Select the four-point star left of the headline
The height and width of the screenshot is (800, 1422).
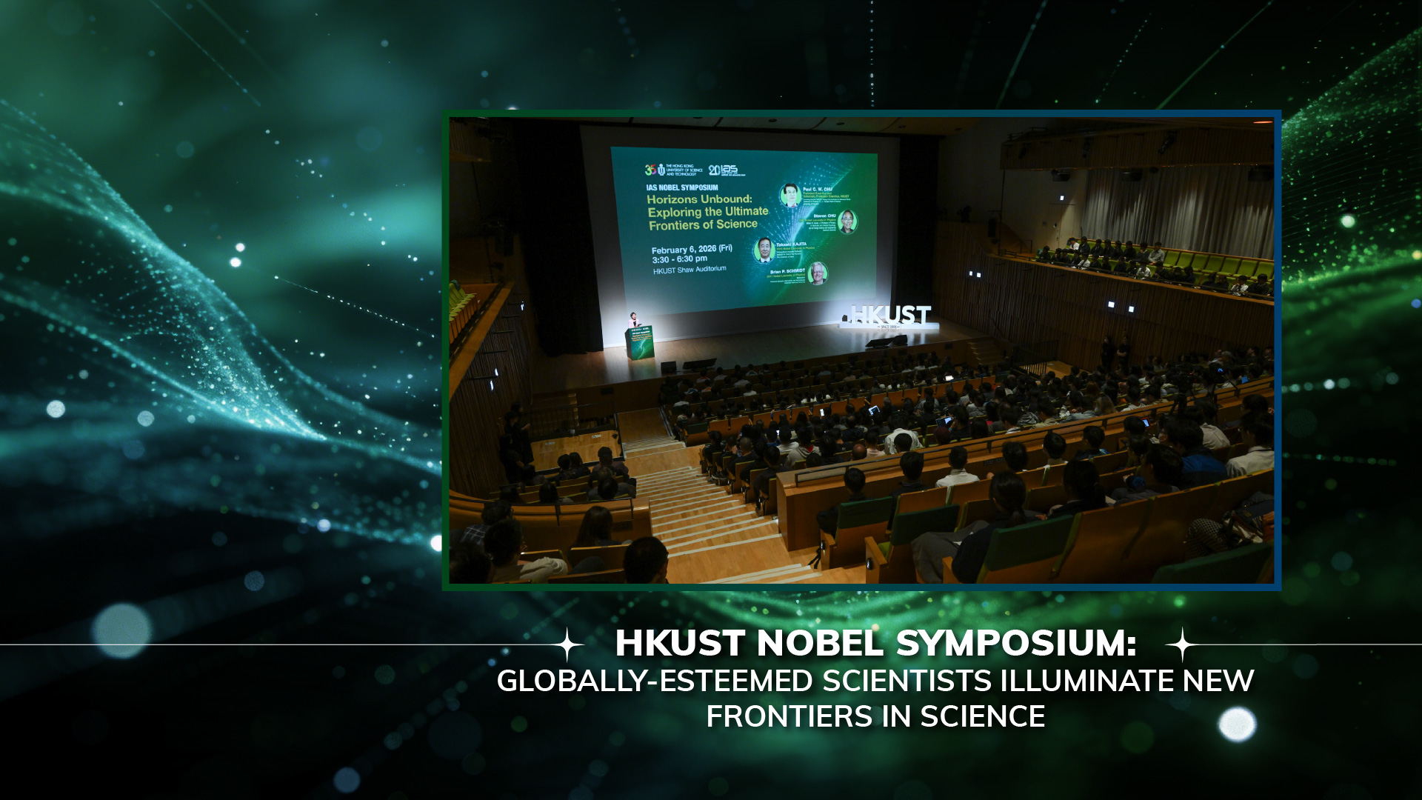point(568,644)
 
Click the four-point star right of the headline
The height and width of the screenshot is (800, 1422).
point(1183,644)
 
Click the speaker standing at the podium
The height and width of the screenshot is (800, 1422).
point(633,319)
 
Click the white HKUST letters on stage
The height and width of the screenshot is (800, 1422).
point(889,316)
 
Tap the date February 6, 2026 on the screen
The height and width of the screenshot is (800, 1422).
point(691,250)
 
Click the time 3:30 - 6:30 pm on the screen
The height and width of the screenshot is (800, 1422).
point(679,259)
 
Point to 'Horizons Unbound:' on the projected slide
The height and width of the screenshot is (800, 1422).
point(699,199)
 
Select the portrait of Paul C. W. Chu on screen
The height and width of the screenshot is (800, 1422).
point(791,195)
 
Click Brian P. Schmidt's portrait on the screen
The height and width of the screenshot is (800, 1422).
point(818,273)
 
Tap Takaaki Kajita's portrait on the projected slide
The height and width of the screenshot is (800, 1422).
point(764,250)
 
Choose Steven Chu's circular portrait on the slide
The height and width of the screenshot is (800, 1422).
point(847,221)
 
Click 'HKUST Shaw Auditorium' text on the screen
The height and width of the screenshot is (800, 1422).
point(689,270)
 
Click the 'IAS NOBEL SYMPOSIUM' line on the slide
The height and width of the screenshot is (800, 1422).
point(681,187)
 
